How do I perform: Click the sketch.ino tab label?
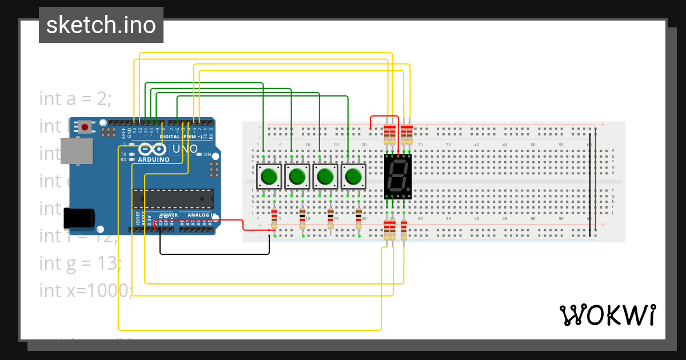coord(101,25)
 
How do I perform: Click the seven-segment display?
coord(397,176)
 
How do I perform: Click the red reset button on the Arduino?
coord(86,126)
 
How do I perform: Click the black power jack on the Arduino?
coord(79,218)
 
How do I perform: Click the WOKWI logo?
coord(607,315)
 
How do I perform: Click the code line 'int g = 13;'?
coord(81,263)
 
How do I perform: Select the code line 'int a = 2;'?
coord(75,99)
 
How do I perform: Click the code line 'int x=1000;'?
coord(86,290)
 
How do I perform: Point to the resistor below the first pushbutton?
coord(274,217)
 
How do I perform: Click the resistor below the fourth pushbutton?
coord(358,217)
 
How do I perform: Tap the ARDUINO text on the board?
coord(153,159)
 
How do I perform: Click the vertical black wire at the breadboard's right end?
coord(591,183)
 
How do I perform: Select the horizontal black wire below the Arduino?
coord(214,253)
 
